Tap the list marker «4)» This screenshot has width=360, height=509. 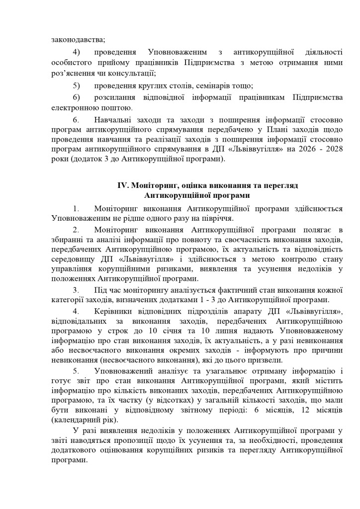(x=77, y=52)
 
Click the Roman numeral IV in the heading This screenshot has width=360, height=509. (x=123, y=185)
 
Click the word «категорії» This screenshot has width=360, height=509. (x=67, y=300)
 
